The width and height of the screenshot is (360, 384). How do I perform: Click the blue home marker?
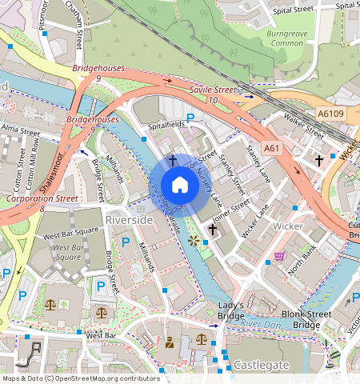pos(180,185)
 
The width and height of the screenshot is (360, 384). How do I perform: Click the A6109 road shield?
pos(331,114)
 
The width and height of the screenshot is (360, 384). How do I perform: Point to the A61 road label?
pos(272,148)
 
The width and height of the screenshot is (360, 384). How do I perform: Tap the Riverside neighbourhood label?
pos(128,218)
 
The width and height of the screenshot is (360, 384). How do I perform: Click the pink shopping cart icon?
pos(279,257)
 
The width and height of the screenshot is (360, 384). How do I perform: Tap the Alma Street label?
pos(20,128)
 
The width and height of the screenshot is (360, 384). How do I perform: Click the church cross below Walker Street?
pos(318,161)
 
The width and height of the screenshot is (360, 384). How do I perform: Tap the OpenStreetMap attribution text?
pos(70,378)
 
